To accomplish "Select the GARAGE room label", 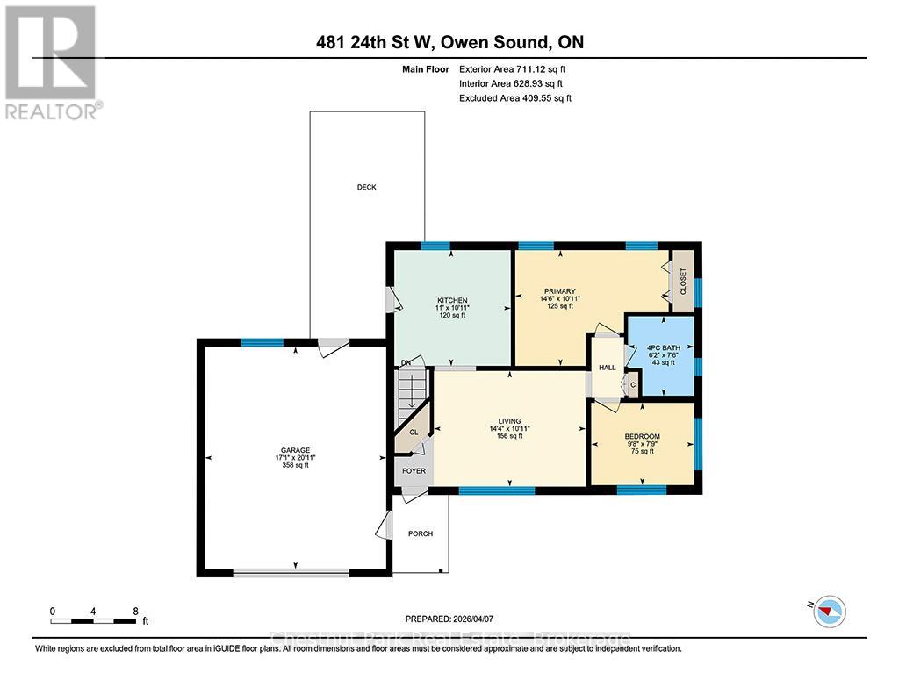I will pyautogui.click(x=295, y=450).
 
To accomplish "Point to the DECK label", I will pyautogui.click(x=366, y=187).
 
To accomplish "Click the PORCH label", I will pyautogui.click(x=420, y=533).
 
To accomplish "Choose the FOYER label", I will pyautogui.click(x=414, y=471).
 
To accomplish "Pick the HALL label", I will pyautogui.click(x=607, y=368).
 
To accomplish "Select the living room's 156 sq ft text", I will pyautogui.click(x=509, y=436).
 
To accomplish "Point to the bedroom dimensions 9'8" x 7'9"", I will pyautogui.click(x=642, y=444).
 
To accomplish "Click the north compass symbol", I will pyautogui.click(x=829, y=611).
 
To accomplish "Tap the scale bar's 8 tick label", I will pyautogui.click(x=134, y=611).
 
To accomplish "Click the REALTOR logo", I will pyautogui.click(x=53, y=61).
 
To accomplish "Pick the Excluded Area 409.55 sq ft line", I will pyautogui.click(x=515, y=98).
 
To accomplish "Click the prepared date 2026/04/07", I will pyautogui.click(x=479, y=618).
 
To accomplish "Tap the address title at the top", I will pyautogui.click(x=449, y=42).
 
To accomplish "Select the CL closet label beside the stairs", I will pyautogui.click(x=412, y=432).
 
